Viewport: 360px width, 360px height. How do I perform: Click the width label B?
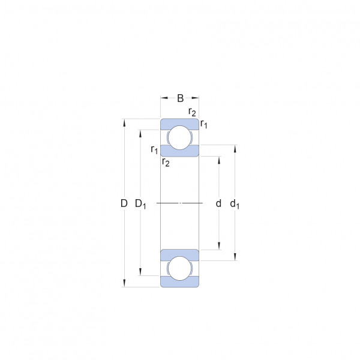pos(181,98)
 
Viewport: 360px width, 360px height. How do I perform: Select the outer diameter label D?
pos(124,203)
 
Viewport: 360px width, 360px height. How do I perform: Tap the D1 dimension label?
pos(140,204)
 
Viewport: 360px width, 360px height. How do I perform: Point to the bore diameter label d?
pos(218,203)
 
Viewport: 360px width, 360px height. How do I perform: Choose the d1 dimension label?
pos(235,204)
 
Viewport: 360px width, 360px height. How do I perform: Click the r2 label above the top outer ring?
pos(192,112)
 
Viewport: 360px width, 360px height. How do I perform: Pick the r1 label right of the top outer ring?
pos(203,124)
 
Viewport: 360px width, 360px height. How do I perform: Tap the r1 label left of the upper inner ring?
pos(154,149)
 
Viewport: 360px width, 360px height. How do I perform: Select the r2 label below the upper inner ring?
pos(166,163)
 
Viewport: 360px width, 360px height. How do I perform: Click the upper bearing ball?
pos(180,138)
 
